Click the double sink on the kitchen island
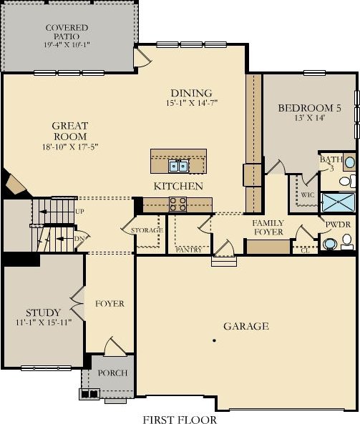[178, 166]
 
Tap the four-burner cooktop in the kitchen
[177, 204]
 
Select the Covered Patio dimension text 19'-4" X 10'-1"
[67, 44]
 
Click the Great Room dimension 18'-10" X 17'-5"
[70, 147]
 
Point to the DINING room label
[191, 93]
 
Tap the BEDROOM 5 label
[310, 108]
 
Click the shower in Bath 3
[338, 202]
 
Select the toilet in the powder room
[346, 242]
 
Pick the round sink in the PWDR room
[329, 244]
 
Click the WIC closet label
[308, 194]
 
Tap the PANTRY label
[189, 250]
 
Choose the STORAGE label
[147, 230]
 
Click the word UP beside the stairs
[79, 212]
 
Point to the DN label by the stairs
[79, 239]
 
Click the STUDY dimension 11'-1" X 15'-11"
[44, 322]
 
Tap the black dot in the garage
[214, 340]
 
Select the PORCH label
[112, 373]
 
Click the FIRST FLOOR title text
[180, 420]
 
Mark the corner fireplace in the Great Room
[16, 184]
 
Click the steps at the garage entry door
[224, 261]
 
